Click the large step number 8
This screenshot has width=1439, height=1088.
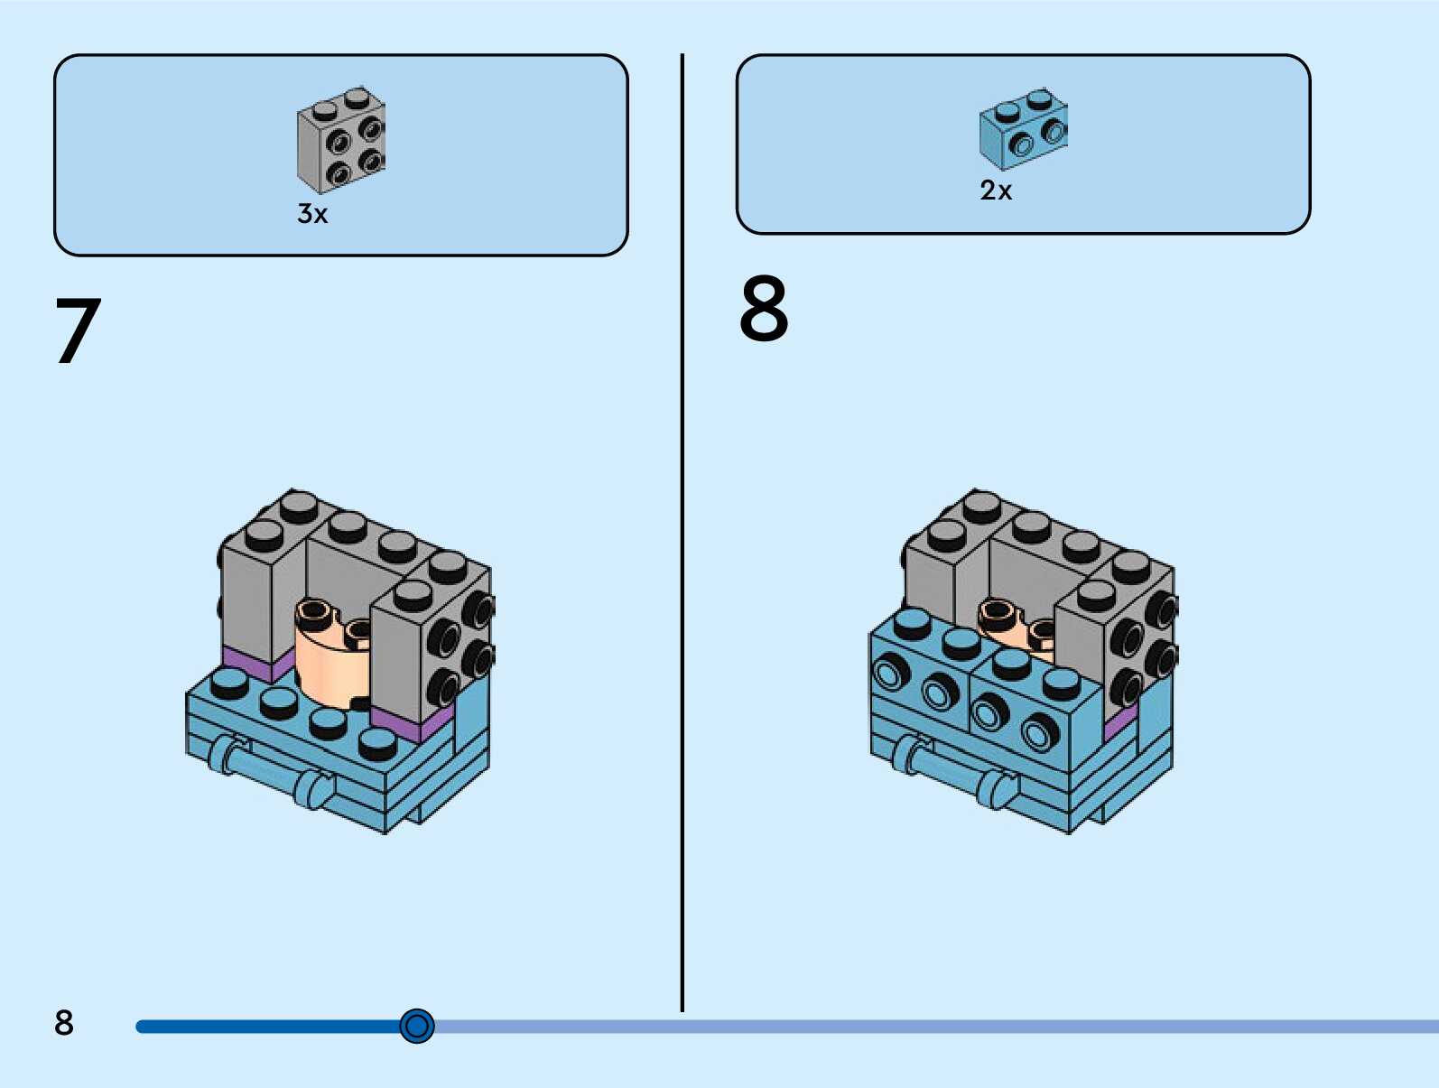[x=764, y=310]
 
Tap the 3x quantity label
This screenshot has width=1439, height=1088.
[x=312, y=214]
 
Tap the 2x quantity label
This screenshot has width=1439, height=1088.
[x=996, y=191]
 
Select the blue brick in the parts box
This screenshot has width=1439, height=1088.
[x=1023, y=129]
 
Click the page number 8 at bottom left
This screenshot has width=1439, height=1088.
[x=63, y=1023]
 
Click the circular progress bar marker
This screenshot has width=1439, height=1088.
[x=417, y=1026]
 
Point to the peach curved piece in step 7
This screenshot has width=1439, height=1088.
[x=329, y=659]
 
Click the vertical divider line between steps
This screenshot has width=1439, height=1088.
[x=682, y=542]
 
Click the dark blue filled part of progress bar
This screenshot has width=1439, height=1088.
[x=271, y=1027]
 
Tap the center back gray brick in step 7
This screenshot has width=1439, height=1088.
[x=348, y=569]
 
